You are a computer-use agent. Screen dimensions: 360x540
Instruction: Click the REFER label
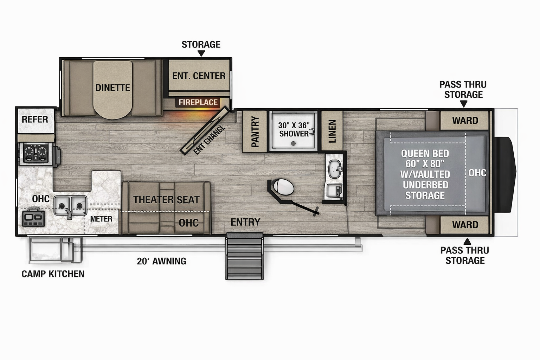35,120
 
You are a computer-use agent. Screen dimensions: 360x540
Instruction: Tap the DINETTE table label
112,88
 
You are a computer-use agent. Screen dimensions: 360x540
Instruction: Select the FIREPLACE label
198,102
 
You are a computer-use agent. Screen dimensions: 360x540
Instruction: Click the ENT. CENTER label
199,76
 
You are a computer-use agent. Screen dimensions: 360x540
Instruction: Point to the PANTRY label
255,131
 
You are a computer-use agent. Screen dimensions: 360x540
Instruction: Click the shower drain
293,143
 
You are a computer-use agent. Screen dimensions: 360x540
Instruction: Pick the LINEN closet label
332,131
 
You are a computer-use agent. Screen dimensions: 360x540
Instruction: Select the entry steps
244,257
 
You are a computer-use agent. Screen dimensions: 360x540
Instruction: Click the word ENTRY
245,222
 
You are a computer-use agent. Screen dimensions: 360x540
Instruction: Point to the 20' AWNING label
161,261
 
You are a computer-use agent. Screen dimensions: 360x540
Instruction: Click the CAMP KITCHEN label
53,274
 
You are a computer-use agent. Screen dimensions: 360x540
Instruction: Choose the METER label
101,219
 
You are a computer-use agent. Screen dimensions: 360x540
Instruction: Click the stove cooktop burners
36,153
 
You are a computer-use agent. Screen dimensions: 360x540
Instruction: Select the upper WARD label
465,121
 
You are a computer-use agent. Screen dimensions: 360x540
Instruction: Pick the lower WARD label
465,225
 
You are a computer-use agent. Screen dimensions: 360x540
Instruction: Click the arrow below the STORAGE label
201,53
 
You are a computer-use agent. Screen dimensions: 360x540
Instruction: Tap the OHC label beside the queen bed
477,173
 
